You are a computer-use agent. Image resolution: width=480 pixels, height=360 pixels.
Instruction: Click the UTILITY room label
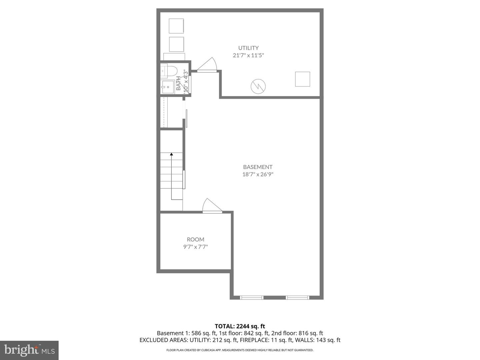248,48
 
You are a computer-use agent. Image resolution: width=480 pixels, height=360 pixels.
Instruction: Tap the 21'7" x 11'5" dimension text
248,55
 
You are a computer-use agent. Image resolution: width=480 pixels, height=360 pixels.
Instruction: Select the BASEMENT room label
258,167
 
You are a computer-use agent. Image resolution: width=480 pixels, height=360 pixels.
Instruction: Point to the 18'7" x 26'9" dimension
258,174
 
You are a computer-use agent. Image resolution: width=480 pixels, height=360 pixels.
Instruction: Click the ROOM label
195,239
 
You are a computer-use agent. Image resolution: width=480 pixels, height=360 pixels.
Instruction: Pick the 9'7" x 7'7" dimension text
195,247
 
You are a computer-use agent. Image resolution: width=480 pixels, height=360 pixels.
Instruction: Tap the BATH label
179,83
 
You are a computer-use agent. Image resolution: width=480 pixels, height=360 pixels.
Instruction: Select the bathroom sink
167,87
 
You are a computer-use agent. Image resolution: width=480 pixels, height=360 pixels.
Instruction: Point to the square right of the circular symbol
302,79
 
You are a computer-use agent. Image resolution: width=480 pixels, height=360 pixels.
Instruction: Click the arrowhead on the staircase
171,154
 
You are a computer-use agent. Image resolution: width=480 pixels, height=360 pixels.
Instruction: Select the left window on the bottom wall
252,297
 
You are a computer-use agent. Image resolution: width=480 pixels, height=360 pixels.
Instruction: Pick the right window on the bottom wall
298,297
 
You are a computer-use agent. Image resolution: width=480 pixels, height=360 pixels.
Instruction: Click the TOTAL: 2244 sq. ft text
240,326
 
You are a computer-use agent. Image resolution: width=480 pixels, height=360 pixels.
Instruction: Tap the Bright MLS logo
29,350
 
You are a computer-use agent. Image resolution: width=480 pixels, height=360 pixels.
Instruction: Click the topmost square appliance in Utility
176,26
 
